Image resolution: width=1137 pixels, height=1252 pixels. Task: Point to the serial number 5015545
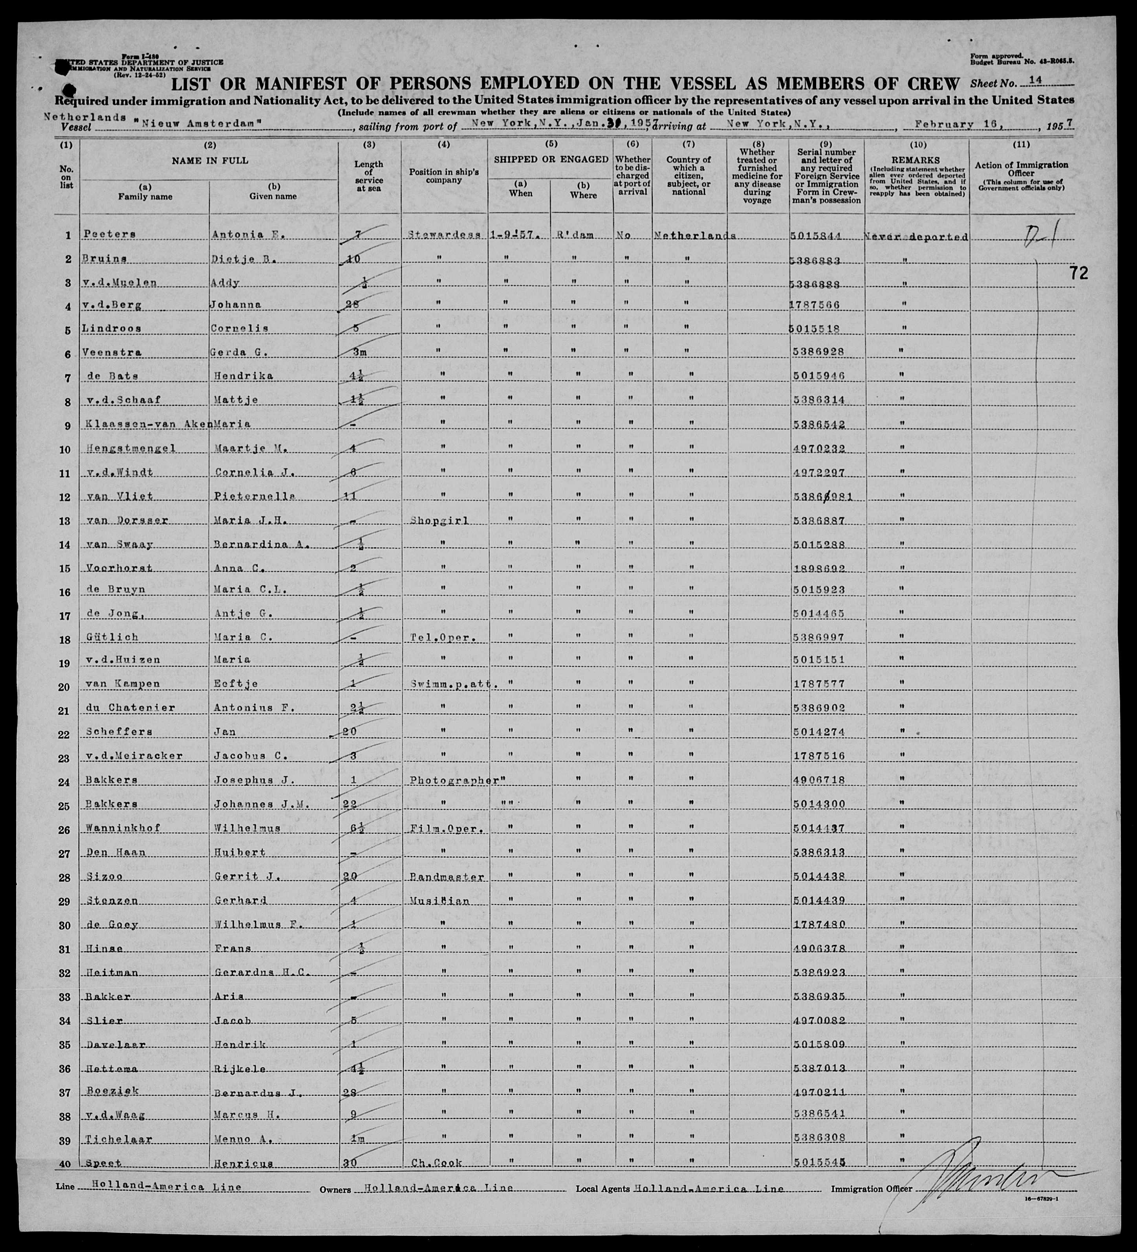(x=819, y=1163)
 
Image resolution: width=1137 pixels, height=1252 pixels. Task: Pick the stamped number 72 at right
(x=1078, y=273)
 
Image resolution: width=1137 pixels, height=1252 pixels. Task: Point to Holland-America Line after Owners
(x=438, y=1188)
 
